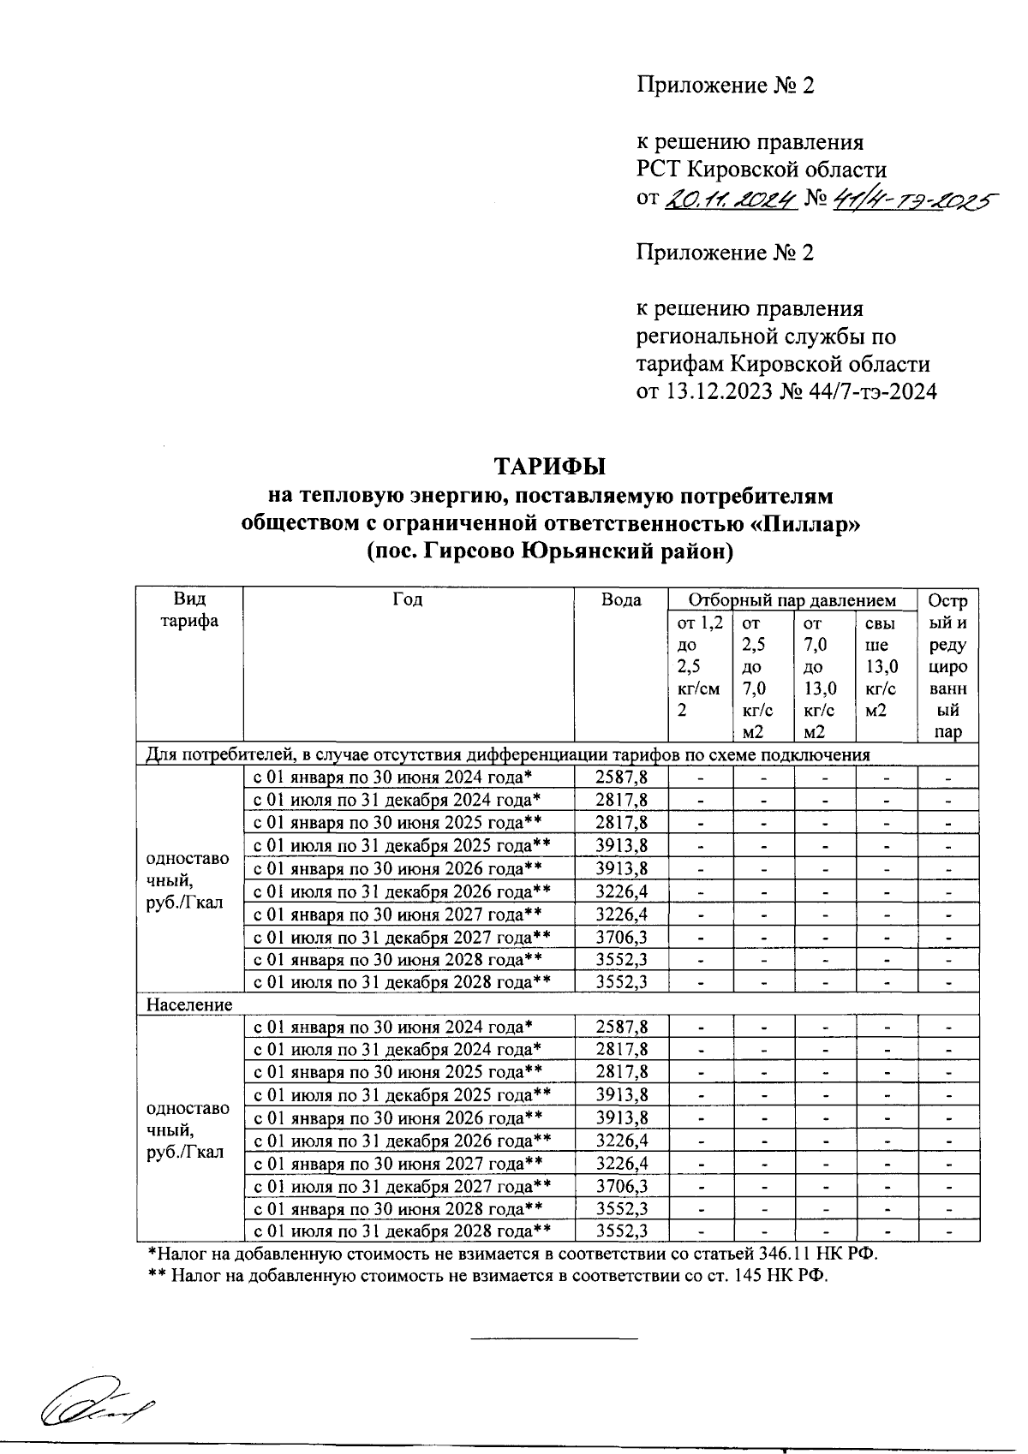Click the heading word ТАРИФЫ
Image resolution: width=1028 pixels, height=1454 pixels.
(x=548, y=467)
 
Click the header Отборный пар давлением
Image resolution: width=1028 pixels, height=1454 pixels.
(x=792, y=600)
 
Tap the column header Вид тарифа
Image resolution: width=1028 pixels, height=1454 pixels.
(x=190, y=610)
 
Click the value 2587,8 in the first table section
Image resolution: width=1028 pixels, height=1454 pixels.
(x=621, y=778)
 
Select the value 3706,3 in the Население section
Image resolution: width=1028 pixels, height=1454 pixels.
(x=621, y=1186)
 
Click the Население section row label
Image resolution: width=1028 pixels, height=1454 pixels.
(x=190, y=1004)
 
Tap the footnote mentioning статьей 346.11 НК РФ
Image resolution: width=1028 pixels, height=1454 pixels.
(x=514, y=1254)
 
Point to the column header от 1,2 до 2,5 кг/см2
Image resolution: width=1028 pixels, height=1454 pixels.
(x=700, y=667)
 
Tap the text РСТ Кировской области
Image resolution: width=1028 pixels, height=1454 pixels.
(x=761, y=170)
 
